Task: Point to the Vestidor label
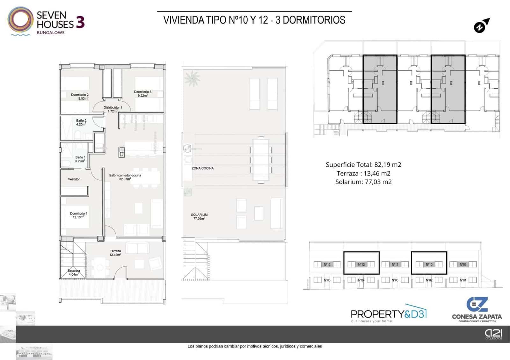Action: [74, 179]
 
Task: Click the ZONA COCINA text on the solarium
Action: [202, 168]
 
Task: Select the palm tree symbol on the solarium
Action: [192, 78]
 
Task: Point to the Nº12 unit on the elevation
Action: [361, 264]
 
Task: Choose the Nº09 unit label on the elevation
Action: [463, 264]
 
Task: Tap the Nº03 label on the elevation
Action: [395, 280]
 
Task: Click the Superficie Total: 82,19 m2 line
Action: [363, 165]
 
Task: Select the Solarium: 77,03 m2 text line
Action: [363, 182]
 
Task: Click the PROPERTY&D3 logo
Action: [388, 314]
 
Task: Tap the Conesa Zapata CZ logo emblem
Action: [477, 304]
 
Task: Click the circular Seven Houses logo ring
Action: [20, 20]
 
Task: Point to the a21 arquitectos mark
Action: [493, 334]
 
